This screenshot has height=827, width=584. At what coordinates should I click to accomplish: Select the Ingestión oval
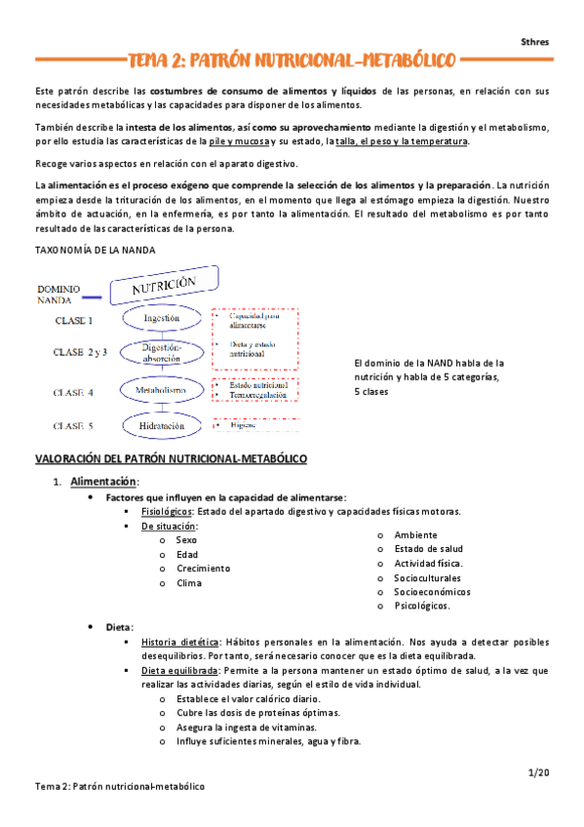161,318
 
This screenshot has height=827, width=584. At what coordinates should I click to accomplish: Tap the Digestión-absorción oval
161,353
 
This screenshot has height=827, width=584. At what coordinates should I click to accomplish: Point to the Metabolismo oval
161,390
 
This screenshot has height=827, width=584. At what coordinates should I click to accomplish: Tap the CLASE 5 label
73,425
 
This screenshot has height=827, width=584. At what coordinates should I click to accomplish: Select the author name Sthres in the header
534,42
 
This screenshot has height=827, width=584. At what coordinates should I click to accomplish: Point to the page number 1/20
538,772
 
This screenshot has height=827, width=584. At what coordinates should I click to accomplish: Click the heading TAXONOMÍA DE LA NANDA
95,250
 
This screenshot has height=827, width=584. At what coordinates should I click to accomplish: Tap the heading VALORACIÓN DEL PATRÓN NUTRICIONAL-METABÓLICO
172,457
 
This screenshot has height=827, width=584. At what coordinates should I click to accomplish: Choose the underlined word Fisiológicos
166,511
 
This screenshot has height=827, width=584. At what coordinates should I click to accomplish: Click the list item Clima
189,583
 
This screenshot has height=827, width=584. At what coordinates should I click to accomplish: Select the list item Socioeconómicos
430,591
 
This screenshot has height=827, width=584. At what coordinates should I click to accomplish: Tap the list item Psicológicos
422,606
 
